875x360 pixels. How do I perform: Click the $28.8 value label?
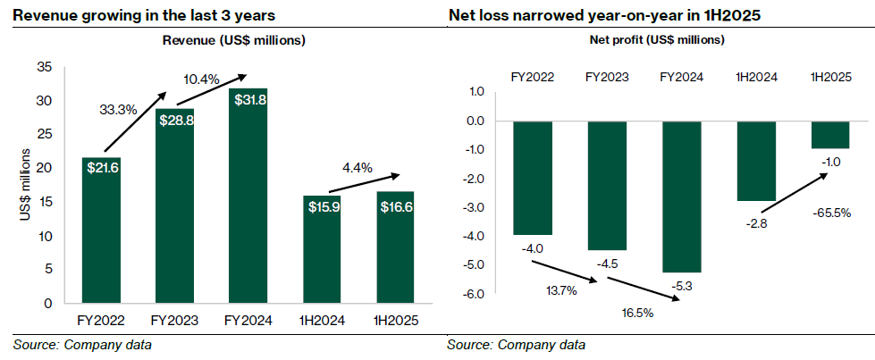point(176,120)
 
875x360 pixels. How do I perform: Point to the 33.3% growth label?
point(116,111)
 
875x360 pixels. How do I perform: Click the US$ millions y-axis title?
point(26,185)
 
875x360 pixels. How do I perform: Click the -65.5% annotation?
point(831,213)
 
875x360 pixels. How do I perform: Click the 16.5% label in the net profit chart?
point(644,313)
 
